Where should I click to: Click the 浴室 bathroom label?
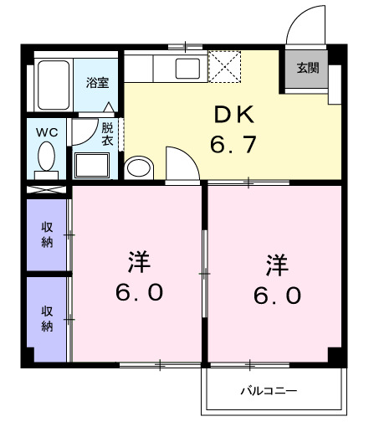[x=96, y=83]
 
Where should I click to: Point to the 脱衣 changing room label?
[x=108, y=134]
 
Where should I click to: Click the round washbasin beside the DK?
[x=137, y=167]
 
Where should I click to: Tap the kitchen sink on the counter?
[x=187, y=67]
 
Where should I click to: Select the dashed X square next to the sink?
[x=224, y=67]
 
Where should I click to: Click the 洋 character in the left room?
[x=139, y=262]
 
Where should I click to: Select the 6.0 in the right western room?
[x=275, y=296]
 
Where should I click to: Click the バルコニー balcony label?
[x=269, y=391]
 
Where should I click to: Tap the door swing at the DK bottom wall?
[x=179, y=162]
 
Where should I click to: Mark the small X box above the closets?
[x=46, y=188]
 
